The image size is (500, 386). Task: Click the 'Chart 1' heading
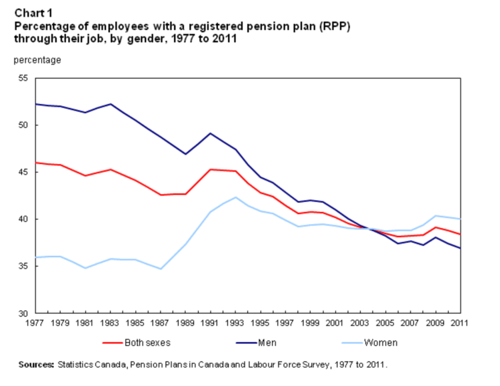pyautogui.click(x=31, y=11)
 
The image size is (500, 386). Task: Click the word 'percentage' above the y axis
pyautogui.click(x=37, y=60)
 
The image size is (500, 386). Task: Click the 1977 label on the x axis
pyautogui.click(x=35, y=324)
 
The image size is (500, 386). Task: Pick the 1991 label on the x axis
pyautogui.click(x=210, y=324)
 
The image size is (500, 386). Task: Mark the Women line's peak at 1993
pyautogui.click(x=235, y=197)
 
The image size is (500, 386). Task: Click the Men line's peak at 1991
pyautogui.click(x=211, y=133)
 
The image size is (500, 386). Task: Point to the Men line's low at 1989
pyautogui.click(x=185, y=154)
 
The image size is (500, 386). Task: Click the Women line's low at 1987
pyautogui.click(x=160, y=269)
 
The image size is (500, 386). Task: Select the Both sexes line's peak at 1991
pyautogui.click(x=211, y=169)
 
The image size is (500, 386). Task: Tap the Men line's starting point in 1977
pyautogui.click(x=35, y=104)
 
